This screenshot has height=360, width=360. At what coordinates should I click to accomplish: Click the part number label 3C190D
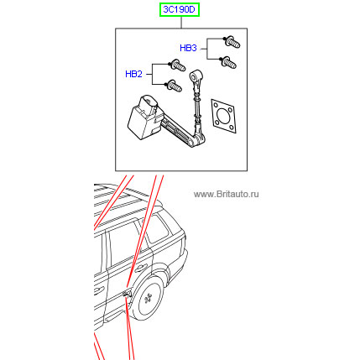180,10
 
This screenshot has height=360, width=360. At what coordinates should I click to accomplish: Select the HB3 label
188,48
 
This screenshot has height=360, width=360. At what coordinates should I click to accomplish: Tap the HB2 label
133,74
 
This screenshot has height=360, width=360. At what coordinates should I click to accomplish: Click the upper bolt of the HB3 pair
232,42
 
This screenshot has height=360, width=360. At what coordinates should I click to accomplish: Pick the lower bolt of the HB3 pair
228,63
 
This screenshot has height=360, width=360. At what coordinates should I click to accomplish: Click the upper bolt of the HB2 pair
177,65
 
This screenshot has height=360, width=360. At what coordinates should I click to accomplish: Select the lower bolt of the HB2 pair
174,86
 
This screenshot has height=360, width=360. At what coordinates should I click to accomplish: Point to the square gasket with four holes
223,116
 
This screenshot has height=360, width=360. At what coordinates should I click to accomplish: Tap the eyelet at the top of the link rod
196,76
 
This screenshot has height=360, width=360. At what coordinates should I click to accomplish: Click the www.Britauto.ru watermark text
226,194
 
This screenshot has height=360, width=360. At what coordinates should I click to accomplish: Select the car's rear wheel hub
148,299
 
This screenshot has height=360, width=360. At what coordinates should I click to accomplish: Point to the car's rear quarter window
158,229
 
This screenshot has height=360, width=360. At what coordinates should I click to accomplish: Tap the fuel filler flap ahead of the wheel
127,293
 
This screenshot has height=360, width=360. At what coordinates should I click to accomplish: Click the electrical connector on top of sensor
149,104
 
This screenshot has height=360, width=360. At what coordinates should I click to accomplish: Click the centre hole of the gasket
223,117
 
